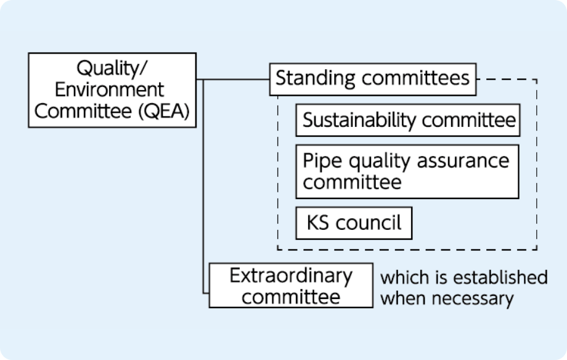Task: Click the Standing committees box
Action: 372,79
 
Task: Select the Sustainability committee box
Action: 409,120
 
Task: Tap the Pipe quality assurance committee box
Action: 407,171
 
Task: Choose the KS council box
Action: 354,223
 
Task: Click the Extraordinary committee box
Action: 291,285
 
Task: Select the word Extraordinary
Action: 291,275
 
